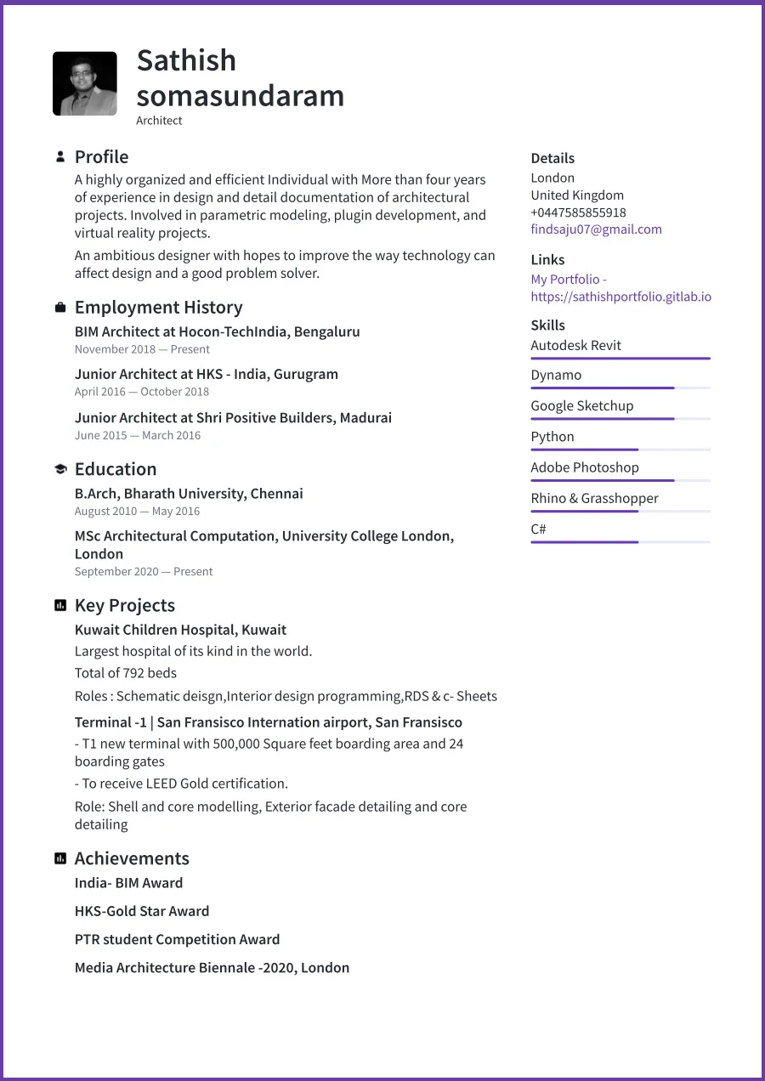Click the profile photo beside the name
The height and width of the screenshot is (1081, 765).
click(x=85, y=83)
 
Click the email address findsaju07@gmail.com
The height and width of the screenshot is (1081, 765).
click(x=596, y=229)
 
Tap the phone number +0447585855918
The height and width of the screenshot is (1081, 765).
click(x=578, y=212)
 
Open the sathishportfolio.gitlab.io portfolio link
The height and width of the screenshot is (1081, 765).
click(x=620, y=297)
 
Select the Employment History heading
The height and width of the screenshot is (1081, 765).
click(x=158, y=308)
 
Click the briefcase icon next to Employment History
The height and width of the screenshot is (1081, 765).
click(x=60, y=308)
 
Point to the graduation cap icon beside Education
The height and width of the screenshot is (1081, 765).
click(x=60, y=469)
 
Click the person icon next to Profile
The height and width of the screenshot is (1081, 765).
click(x=60, y=157)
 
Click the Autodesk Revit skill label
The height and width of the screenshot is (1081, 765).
click(x=575, y=346)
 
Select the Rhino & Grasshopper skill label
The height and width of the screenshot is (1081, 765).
click(x=594, y=499)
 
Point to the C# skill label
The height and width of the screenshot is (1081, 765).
click(x=538, y=529)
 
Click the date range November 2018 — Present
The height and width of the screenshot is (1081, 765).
click(x=142, y=349)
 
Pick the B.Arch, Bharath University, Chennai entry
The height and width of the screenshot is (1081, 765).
click(x=189, y=494)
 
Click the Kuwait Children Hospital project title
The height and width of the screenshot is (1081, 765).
click(x=180, y=630)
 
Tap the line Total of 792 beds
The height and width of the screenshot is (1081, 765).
click(x=126, y=673)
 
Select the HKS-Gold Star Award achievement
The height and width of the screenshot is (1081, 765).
click(x=142, y=911)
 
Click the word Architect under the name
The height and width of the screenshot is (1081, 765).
click(x=159, y=121)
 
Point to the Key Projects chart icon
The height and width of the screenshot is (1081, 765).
click(x=60, y=606)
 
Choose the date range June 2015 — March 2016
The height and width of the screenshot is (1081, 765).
click(x=138, y=435)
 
